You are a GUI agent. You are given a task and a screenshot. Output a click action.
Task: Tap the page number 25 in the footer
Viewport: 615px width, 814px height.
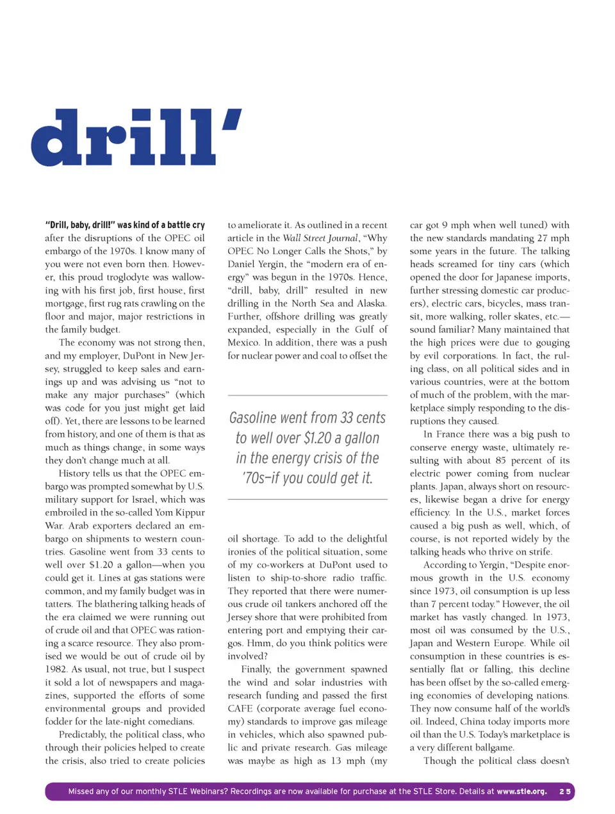(x=564, y=792)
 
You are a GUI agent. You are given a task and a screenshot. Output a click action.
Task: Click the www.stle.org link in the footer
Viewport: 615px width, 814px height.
(x=521, y=792)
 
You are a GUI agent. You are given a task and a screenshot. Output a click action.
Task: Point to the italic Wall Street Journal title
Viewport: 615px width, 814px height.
(x=320, y=238)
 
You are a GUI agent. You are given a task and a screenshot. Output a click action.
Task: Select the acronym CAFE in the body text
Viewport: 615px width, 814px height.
(x=240, y=708)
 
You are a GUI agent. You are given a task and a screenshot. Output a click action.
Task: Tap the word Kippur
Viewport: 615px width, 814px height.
(x=189, y=512)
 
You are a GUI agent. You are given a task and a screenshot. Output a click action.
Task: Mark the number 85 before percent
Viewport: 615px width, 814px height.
(x=501, y=460)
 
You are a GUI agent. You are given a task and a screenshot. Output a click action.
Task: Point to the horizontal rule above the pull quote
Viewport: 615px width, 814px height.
(x=307, y=395)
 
